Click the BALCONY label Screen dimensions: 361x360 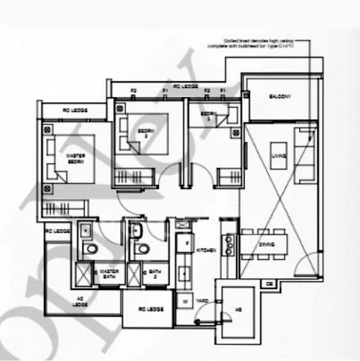[279, 97]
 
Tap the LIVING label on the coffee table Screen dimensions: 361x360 [279, 156]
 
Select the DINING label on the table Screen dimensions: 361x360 [267, 245]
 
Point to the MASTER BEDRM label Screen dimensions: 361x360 [75, 159]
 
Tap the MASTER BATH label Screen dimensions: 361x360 [108, 274]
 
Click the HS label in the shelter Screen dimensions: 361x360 [238, 311]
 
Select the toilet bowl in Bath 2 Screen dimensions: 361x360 [142, 248]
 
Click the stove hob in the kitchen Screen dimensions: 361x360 [229, 243]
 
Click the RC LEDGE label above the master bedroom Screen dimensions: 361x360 [75, 111]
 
